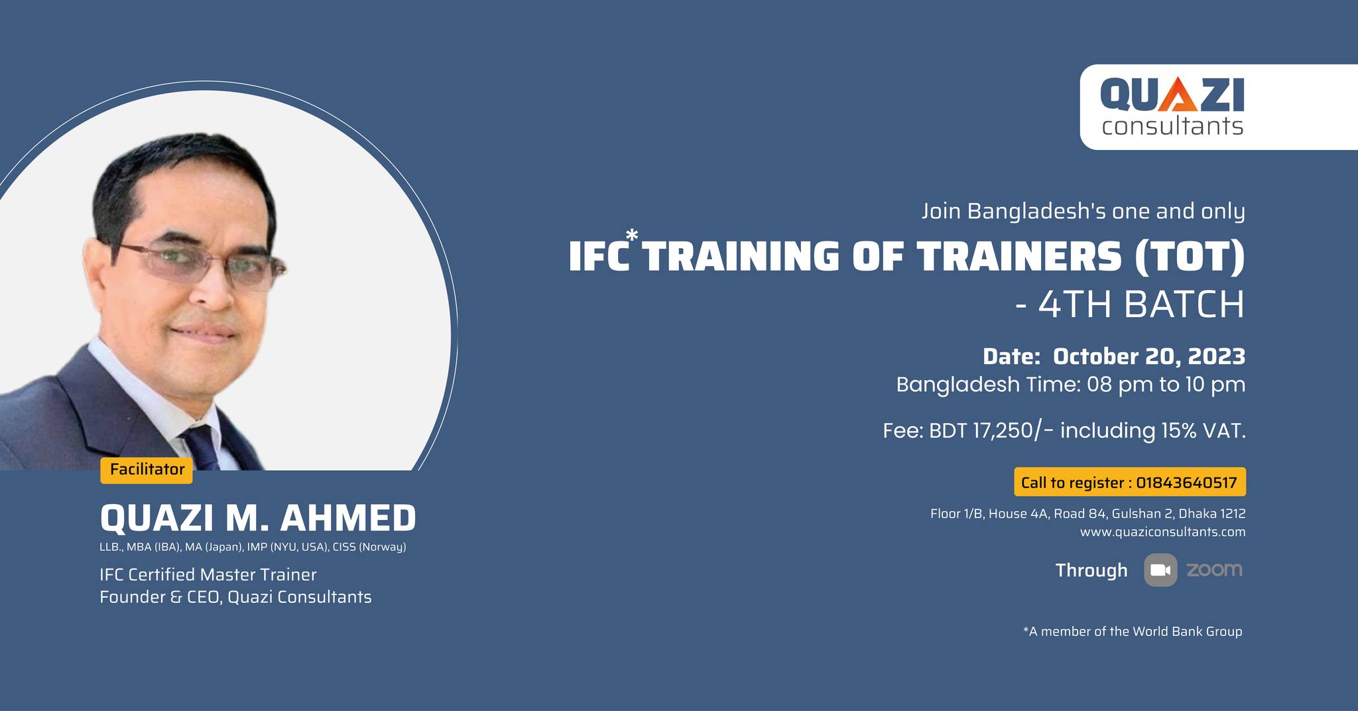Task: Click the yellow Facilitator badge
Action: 147,470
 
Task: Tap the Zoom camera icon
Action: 1160,570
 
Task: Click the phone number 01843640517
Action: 1186,482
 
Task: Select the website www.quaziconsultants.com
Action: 1162,532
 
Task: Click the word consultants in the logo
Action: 1172,125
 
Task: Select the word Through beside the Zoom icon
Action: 1091,570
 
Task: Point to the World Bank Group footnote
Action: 1133,631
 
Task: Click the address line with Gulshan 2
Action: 1087,513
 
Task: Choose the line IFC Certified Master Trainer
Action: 208,574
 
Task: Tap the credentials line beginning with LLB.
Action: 253,548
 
